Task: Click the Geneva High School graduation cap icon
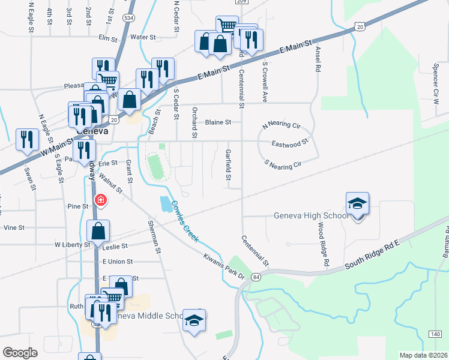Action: [357, 203]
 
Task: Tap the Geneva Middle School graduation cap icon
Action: [194, 320]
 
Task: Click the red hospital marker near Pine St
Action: [101, 200]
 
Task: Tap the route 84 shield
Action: [256, 277]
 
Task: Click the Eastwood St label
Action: [289, 143]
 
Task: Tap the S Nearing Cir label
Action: [282, 163]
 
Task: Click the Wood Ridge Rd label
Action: [324, 244]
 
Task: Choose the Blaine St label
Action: [218, 122]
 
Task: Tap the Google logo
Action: [20, 352]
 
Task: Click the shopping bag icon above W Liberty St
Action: [98, 231]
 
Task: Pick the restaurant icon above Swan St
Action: [26, 140]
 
